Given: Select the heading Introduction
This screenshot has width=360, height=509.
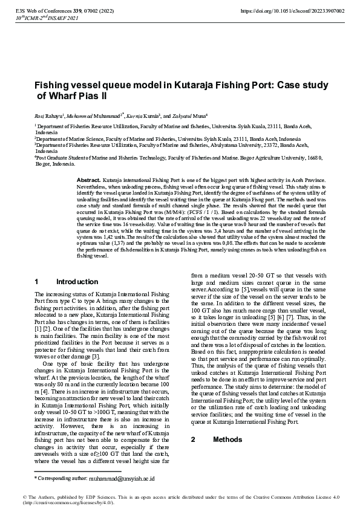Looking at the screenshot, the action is [x=77, y=282].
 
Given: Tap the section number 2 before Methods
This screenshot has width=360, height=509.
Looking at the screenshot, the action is [x=193, y=439].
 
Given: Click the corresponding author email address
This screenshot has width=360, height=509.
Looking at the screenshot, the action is [x=122, y=478].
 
